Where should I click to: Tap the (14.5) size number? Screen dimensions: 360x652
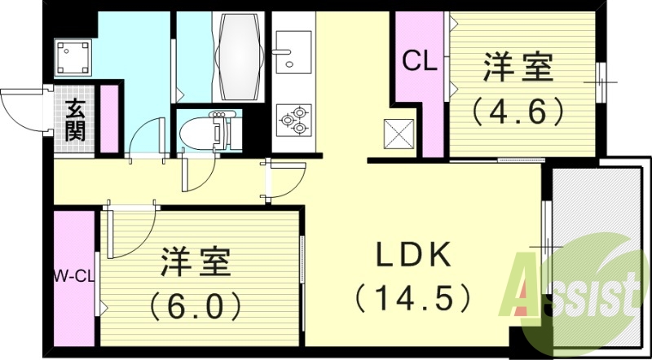click(413, 294)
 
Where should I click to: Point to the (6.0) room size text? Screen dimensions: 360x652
click(196, 305)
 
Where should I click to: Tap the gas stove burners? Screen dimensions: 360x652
click(293, 121)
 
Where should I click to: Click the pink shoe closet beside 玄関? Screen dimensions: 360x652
click(109, 119)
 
